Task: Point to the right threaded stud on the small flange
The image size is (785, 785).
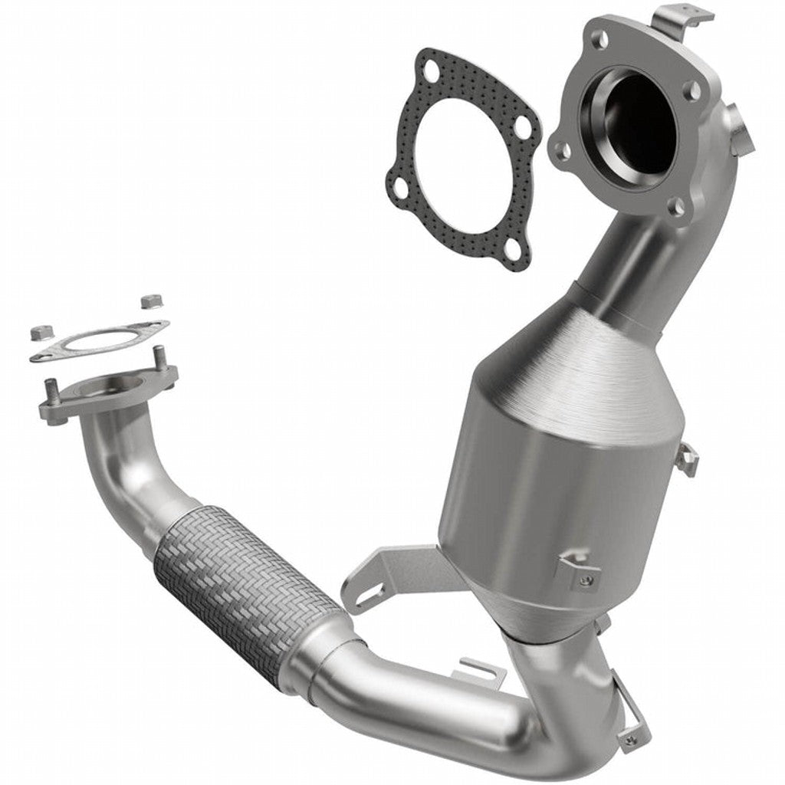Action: point(159,356)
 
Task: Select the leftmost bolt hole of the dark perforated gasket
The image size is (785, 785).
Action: point(400,185)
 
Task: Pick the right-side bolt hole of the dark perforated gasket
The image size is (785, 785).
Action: point(524,127)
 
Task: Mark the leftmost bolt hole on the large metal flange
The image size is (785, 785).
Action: point(562,149)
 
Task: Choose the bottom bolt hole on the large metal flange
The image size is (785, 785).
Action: point(676,205)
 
